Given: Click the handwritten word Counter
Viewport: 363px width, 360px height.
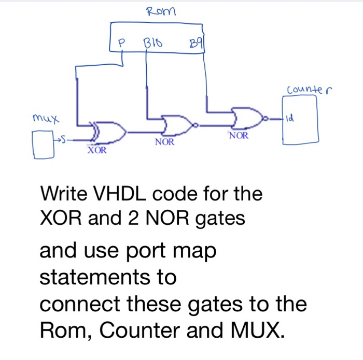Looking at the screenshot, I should pyautogui.click(x=310, y=91).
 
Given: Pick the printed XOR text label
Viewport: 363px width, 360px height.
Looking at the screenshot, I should pyautogui.click(x=97, y=151).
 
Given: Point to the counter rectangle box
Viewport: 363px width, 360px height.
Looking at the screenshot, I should pyautogui.click(x=300, y=122).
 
